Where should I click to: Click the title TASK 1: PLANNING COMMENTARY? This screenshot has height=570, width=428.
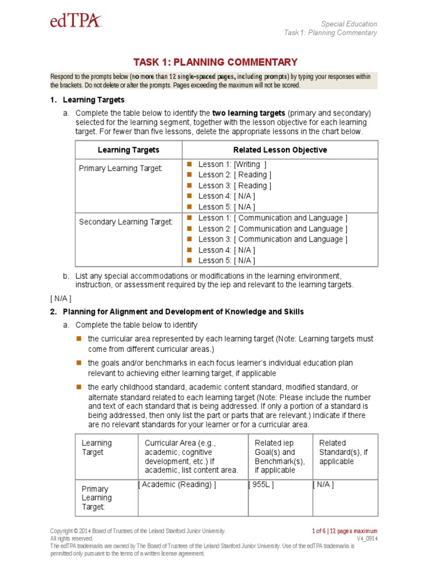(215, 62)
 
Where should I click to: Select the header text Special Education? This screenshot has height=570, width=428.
(349, 24)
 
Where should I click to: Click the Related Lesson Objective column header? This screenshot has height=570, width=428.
(280, 150)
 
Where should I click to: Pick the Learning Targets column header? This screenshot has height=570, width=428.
(128, 150)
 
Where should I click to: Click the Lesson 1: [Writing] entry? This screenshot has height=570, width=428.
(232, 164)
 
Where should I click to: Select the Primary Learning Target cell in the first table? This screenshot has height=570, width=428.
(120, 168)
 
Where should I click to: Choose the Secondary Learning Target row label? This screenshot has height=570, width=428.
(126, 222)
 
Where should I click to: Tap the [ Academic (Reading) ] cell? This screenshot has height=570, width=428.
(178, 485)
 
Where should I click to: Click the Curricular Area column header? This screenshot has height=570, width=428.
(191, 456)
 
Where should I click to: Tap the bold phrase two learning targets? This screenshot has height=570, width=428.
(249, 114)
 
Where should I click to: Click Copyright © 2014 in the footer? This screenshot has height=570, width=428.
(72, 532)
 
